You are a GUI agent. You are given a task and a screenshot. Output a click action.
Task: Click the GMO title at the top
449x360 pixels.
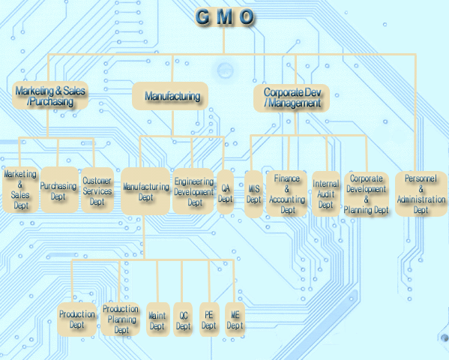pyautogui.click(x=224, y=16)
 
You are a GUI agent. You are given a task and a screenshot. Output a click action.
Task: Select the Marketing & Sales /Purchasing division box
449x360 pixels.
pyautogui.click(x=50, y=96)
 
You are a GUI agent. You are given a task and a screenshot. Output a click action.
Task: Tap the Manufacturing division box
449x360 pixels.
pyautogui.click(x=172, y=96)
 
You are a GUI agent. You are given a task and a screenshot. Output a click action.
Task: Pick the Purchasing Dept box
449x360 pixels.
pyautogui.click(x=58, y=190)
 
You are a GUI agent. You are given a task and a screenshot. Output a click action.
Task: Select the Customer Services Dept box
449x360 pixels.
pyautogui.click(x=97, y=190)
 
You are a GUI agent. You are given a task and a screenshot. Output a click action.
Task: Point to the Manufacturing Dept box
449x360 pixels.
pyautogui.click(x=145, y=193)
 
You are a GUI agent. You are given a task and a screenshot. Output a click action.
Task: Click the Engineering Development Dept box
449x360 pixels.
pyautogui.click(x=194, y=192)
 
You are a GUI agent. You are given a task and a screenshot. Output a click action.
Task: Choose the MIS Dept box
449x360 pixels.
pyautogui.click(x=254, y=194)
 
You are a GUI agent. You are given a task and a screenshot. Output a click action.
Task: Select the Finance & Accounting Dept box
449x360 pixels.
pyautogui.click(x=288, y=193)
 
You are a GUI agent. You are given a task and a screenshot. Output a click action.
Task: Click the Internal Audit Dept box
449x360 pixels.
pyautogui.click(x=325, y=193)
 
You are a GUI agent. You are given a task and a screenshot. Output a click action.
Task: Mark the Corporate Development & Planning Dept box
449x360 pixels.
pyautogui.click(x=367, y=194)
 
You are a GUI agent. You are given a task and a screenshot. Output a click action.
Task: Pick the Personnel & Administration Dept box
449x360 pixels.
pyautogui.click(x=421, y=193)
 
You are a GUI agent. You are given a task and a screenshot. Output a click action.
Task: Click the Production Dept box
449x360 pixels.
pyautogui.click(x=76, y=319)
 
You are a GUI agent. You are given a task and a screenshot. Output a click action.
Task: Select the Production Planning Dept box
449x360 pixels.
pyautogui.click(x=120, y=319)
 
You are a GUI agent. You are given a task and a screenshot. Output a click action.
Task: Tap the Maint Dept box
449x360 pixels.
pyautogui.click(x=157, y=320)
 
